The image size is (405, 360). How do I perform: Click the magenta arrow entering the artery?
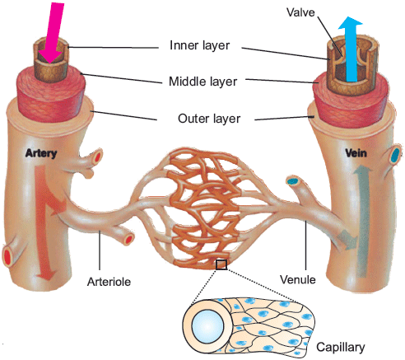pyautogui.click(x=53, y=31)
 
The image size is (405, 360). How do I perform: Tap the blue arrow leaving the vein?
pyautogui.click(x=351, y=49)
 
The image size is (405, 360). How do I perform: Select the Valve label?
pyautogui.click(x=300, y=12)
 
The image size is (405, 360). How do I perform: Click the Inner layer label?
pyautogui.click(x=199, y=45)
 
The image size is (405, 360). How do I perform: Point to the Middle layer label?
pyautogui.click(x=202, y=82)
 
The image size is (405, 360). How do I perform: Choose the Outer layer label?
pyautogui.click(x=209, y=119)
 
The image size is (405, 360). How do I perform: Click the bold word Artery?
pyautogui.click(x=41, y=153)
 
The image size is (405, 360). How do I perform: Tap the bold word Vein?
pyautogui.click(x=356, y=152)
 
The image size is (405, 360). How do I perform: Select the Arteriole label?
pyautogui.click(x=109, y=282)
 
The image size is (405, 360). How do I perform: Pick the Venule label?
pyautogui.click(x=298, y=280)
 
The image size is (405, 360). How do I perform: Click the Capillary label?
pyautogui.click(x=341, y=348)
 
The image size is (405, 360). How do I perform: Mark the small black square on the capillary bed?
pyautogui.click(x=221, y=264)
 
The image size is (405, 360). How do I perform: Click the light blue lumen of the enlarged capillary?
pyautogui.click(x=207, y=326)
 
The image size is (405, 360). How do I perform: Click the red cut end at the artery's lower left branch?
pyautogui.click(x=7, y=257)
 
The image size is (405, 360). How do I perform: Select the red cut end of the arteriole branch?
pyautogui.click(x=128, y=240)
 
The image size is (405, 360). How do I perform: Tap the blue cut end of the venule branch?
pyautogui.click(x=292, y=181)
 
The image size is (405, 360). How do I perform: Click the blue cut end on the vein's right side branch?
pyautogui.click(x=395, y=155)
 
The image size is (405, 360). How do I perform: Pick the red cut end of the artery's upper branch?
pyautogui.click(x=97, y=157)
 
